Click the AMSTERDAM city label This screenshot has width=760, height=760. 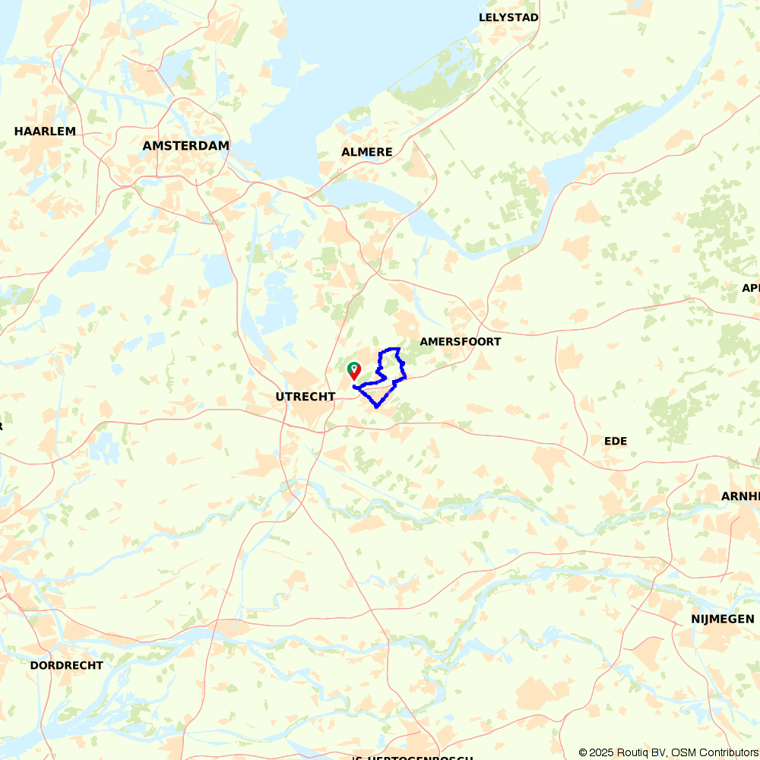185,146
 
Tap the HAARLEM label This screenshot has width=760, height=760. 45,131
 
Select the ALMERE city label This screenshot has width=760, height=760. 366,152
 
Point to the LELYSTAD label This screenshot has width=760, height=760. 508,17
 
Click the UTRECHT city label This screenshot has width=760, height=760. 305,397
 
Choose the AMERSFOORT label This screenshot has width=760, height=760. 460,342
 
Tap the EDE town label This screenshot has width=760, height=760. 615,441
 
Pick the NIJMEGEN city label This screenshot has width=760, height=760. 722,619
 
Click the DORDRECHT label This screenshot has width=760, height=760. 66,665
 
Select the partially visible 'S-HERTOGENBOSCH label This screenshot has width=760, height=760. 412,757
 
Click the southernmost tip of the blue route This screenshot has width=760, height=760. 376,407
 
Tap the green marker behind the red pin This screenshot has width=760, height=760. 353,367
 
